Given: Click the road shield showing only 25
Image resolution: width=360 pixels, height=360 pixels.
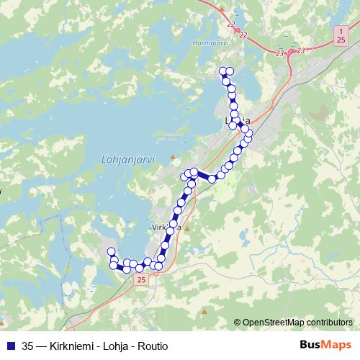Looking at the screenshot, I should tap(141, 279).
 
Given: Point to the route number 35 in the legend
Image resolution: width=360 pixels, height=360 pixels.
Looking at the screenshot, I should tap(27, 344).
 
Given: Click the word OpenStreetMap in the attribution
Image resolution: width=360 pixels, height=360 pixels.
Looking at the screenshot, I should tap(274, 323).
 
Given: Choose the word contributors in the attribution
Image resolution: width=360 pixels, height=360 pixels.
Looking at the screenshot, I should tap(330, 323).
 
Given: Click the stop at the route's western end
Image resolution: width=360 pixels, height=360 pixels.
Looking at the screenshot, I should tap(112, 251).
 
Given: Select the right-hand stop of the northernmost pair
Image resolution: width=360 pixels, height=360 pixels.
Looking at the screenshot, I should tap(230, 71).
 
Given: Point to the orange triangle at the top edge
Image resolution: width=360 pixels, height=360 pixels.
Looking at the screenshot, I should tap(223, 9).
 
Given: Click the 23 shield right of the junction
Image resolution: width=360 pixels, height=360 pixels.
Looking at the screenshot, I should tap(300, 50).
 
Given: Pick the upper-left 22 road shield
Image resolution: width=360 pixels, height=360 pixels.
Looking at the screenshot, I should tap(231, 26).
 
